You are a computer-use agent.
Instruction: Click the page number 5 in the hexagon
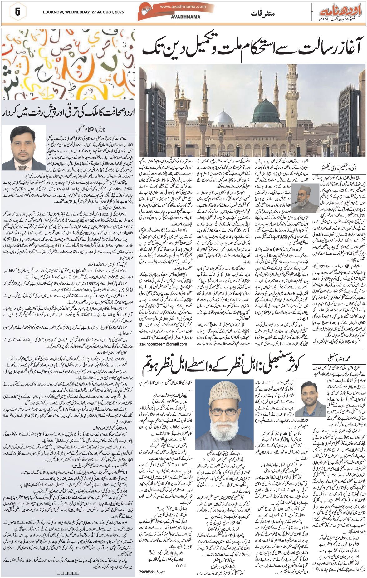(17, 12)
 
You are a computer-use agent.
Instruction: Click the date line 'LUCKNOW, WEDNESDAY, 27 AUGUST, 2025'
(83, 12)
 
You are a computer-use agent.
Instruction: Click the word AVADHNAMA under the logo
(186, 17)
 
